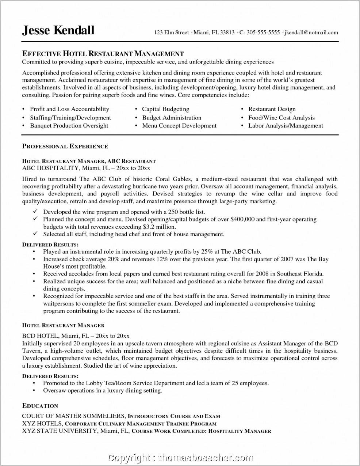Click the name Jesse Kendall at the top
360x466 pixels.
58,30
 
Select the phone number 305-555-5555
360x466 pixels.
263,33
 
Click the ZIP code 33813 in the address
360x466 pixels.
227,33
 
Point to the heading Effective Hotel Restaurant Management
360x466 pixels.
103,54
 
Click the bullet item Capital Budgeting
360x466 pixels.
165,109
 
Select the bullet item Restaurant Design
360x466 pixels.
272,109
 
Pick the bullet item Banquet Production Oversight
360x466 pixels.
69,125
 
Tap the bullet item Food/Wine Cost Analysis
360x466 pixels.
281,118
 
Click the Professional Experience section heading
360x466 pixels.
65,146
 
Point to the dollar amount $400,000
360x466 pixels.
242,219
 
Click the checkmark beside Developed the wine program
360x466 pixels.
35,212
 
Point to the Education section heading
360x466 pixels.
40,406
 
